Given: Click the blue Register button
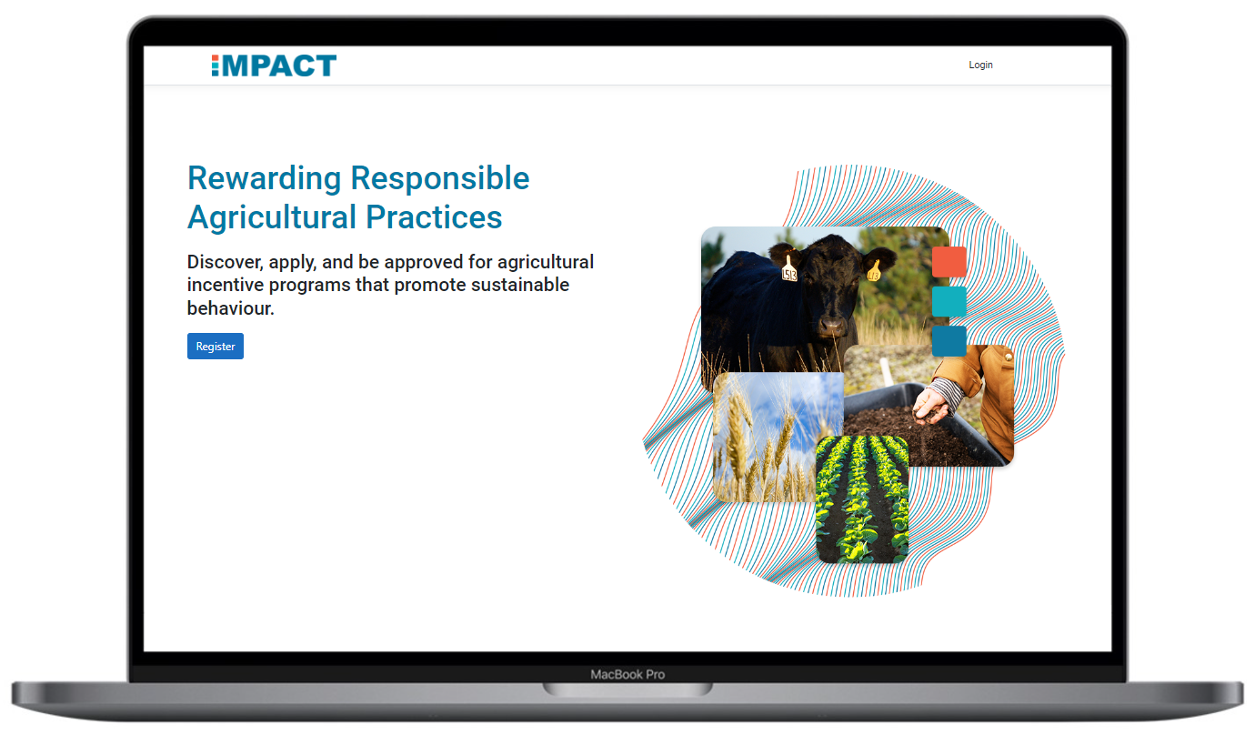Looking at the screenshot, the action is click(x=216, y=347).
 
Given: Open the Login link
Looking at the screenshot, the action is click(x=980, y=65).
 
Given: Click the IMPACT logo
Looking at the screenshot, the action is click(x=274, y=65).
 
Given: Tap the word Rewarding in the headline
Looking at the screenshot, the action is click(x=264, y=178).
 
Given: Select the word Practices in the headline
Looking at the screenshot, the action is click(x=434, y=217).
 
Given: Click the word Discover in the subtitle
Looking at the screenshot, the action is click(x=225, y=262).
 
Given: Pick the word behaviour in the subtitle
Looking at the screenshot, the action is click(x=230, y=308).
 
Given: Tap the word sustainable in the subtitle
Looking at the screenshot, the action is click(x=520, y=285).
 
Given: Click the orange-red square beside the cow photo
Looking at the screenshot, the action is click(x=949, y=262).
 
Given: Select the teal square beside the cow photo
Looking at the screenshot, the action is click(x=949, y=301).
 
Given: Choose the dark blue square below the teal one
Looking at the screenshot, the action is click(x=949, y=341).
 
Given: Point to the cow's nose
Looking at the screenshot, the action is click(x=833, y=325).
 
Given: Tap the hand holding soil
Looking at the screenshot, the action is click(x=931, y=405).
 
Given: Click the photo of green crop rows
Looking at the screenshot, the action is click(x=862, y=499).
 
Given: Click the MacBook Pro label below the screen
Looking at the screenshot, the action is click(x=627, y=674).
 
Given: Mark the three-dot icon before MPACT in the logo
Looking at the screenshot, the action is click(x=216, y=65).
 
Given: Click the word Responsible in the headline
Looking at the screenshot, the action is click(x=440, y=178).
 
